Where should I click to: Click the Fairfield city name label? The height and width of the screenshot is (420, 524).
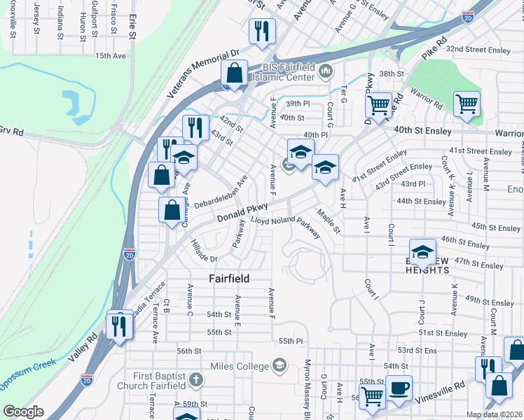tap(229, 279)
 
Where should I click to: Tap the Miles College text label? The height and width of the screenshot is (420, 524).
tap(240, 366)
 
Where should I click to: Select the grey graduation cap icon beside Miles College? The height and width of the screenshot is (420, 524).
tap(280, 365)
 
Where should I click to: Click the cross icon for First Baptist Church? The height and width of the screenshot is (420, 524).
tap(197, 381)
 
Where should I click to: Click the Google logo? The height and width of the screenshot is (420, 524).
tap(24, 411)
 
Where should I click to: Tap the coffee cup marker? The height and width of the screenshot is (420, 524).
tap(399, 389)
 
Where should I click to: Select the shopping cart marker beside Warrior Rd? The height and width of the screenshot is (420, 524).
tap(467, 105)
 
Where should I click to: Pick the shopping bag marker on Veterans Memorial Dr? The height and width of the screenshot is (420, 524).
tap(235, 73)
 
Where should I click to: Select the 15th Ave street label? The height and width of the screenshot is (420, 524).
tap(110, 55)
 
